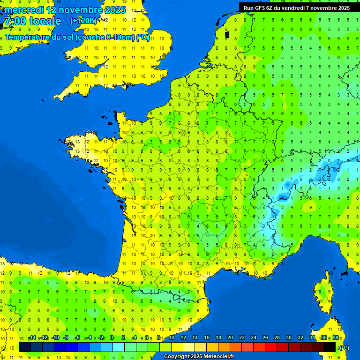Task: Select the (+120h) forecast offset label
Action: coord(83,21)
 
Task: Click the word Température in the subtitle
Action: coord(28,37)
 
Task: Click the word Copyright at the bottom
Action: coord(176,357)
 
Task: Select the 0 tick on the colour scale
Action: coord(112,338)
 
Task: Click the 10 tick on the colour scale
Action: coord(172,338)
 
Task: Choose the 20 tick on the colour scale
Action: coord(230,338)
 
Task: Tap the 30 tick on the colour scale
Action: coord(289,338)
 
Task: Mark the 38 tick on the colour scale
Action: coord(335,338)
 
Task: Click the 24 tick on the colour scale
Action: coord(254,338)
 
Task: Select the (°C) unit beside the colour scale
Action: coord(345,348)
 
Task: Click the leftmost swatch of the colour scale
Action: coord(25,347)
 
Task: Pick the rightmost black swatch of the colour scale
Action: coord(330,347)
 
